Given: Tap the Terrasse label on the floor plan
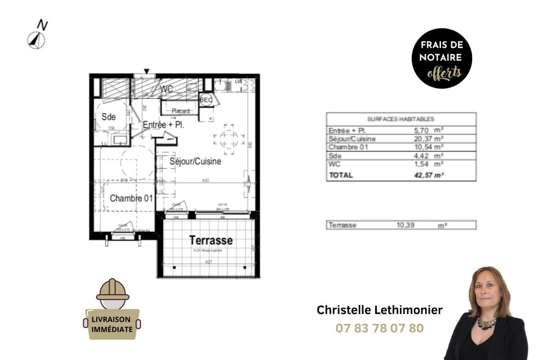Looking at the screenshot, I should click(x=211, y=240).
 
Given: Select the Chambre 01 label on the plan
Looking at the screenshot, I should click(x=131, y=198).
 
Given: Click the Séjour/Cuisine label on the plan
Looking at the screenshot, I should click(x=195, y=161).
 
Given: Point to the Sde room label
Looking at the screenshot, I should click(x=108, y=117).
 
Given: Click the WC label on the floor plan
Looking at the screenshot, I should click(x=166, y=89).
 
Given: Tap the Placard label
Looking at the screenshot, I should click(x=180, y=111).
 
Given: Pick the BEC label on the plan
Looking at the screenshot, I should click(x=206, y=100).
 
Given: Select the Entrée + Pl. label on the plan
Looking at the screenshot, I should click(x=163, y=125).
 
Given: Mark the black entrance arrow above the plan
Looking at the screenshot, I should click(x=147, y=71).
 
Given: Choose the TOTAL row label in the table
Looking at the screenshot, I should click(x=341, y=175).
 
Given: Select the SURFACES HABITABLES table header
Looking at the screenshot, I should click(x=400, y=119).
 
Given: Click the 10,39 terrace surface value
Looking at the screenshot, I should click(x=406, y=225).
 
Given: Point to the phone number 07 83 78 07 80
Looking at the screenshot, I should click(x=380, y=328).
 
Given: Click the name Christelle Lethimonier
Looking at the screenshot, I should click(x=380, y=310).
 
